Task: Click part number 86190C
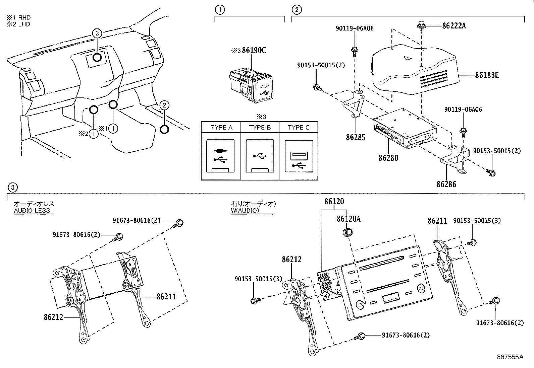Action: point(254,51)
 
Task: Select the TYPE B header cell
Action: point(260,128)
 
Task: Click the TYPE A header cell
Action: point(221,128)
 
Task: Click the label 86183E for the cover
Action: point(486,75)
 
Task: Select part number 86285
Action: point(356,137)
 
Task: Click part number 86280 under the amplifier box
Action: point(388,157)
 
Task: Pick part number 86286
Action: point(446,184)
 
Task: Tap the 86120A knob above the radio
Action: point(348,232)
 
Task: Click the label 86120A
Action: point(349,219)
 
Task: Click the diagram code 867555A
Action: point(510,357)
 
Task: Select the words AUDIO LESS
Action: point(32,211)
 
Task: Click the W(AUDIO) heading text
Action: point(245,211)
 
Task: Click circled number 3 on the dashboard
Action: point(97,33)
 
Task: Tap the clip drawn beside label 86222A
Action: point(421,26)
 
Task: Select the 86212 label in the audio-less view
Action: point(53,316)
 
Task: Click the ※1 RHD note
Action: point(18,17)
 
